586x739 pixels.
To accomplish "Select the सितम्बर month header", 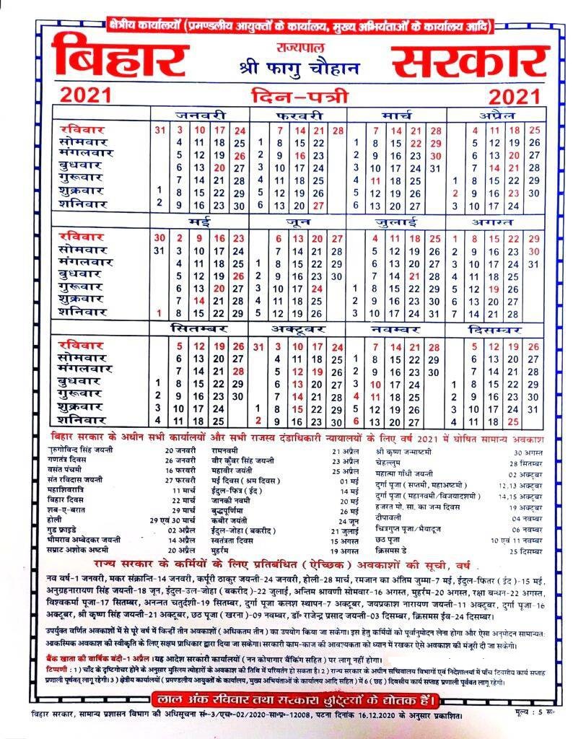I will pos(199,329).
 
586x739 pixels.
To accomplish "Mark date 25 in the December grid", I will pos(514,421).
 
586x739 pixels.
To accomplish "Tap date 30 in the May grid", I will pos(159,238).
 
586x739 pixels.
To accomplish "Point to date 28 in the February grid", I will pos(338,131).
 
